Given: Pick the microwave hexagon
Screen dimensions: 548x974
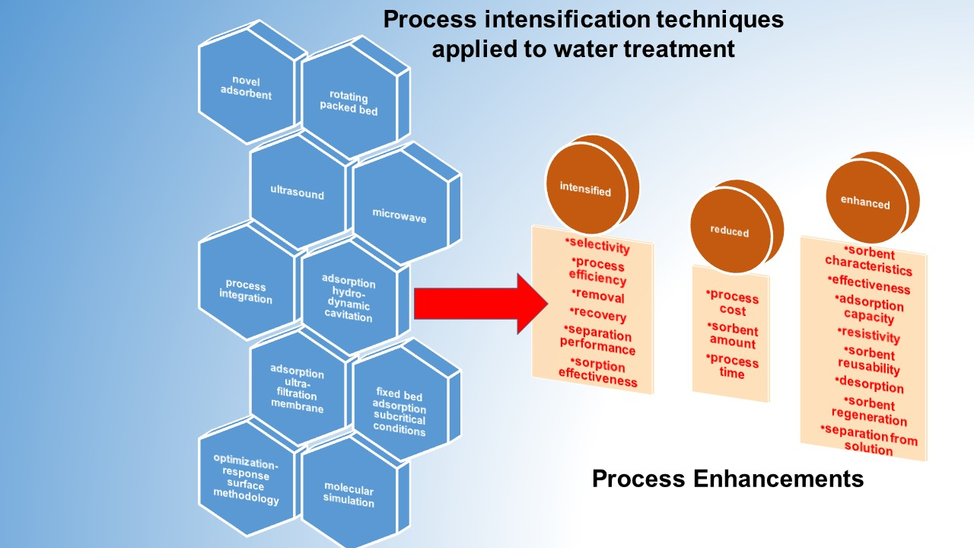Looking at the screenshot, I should pos(399,214).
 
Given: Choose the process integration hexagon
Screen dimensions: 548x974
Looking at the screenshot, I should pos(247,291).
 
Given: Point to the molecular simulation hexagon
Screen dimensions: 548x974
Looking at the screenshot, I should pos(349,494).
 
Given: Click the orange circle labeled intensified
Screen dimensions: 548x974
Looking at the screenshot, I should pos(585,189).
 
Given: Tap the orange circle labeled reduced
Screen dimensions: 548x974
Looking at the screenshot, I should pos(728,231).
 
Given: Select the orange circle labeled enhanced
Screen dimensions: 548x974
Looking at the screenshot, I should pos(864,202).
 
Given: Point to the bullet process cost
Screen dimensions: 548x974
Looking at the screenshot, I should pos(732,303).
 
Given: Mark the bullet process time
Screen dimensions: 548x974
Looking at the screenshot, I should pos(732,367).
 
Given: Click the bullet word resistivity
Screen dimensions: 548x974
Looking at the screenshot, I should pos(869,335).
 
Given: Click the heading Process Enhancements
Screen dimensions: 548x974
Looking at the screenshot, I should pos(727,479).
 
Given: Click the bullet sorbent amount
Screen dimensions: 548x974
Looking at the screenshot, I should pos(732,336).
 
